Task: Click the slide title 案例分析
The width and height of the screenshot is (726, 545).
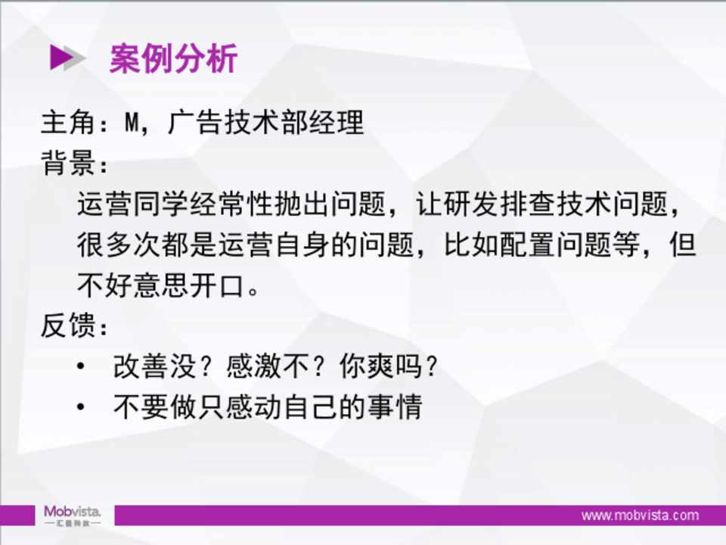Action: (174, 58)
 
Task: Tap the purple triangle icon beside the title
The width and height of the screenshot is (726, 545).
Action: (61, 58)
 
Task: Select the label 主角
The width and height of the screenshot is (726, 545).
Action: (68, 123)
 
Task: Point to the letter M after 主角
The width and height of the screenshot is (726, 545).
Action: (132, 123)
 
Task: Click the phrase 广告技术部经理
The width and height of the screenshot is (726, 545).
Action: (265, 123)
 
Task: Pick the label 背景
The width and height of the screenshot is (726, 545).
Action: (68, 163)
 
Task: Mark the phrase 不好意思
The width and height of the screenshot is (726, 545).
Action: (133, 285)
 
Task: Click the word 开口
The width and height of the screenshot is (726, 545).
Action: (218, 285)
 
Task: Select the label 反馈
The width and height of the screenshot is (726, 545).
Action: (68, 325)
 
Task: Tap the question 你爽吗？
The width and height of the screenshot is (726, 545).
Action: (389, 366)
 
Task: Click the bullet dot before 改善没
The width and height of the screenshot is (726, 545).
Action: (81, 366)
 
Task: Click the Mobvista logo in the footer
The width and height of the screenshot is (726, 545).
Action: (73, 515)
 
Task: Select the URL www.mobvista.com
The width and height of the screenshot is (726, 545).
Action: (641, 515)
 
